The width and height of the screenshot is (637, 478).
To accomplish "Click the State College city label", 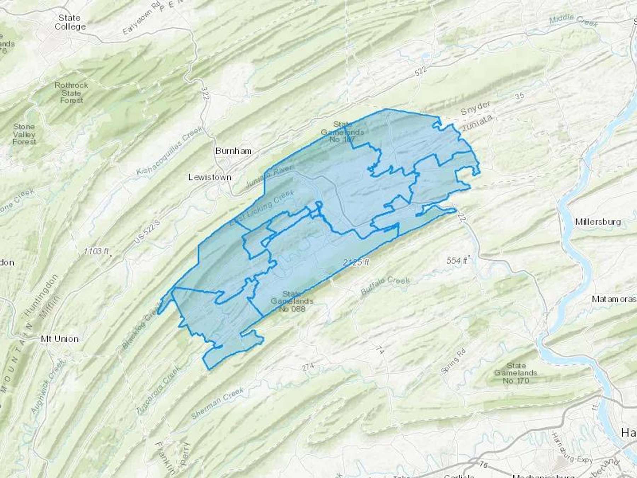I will pyautogui.click(x=70, y=22).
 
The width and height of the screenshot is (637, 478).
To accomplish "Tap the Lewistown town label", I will pyautogui.click(x=210, y=177).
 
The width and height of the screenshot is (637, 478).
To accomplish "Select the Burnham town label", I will pyautogui.click(x=233, y=151).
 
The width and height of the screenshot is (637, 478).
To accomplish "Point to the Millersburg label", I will pyautogui.click(x=598, y=222).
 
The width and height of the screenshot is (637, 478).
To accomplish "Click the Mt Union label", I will pyautogui.click(x=60, y=339).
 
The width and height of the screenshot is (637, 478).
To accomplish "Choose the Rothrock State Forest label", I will pyautogui.click(x=71, y=93).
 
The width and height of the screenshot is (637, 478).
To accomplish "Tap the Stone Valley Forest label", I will pyautogui.click(x=24, y=134).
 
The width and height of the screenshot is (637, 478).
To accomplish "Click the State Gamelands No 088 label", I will pyautogui.click(x=292, y=301).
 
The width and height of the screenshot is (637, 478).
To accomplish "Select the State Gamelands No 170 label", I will pyautogui.click(x=516, y=373).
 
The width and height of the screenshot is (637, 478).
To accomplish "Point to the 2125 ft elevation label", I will pyautogui.click(x=356, y=262).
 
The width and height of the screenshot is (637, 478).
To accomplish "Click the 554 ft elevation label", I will pyautogui.click(x=457, y=261).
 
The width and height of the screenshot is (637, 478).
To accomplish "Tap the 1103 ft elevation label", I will pyautogui.click(x=96, y=251).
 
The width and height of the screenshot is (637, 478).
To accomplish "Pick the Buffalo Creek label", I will pyautogui.click(x=385, y=285).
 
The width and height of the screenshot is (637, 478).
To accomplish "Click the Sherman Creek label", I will pyautogui.click(x=217, y=403).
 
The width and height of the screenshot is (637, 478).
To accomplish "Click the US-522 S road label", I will pyautogui.click(x=147, y=232).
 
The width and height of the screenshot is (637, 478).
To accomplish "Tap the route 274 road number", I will pyautogui.click(x=308, y=367).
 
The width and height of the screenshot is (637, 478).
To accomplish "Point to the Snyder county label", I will pyautogui.click(x=476, y=108).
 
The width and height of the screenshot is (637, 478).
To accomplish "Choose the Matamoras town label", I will pyautogui.click(x=614, y=300).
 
